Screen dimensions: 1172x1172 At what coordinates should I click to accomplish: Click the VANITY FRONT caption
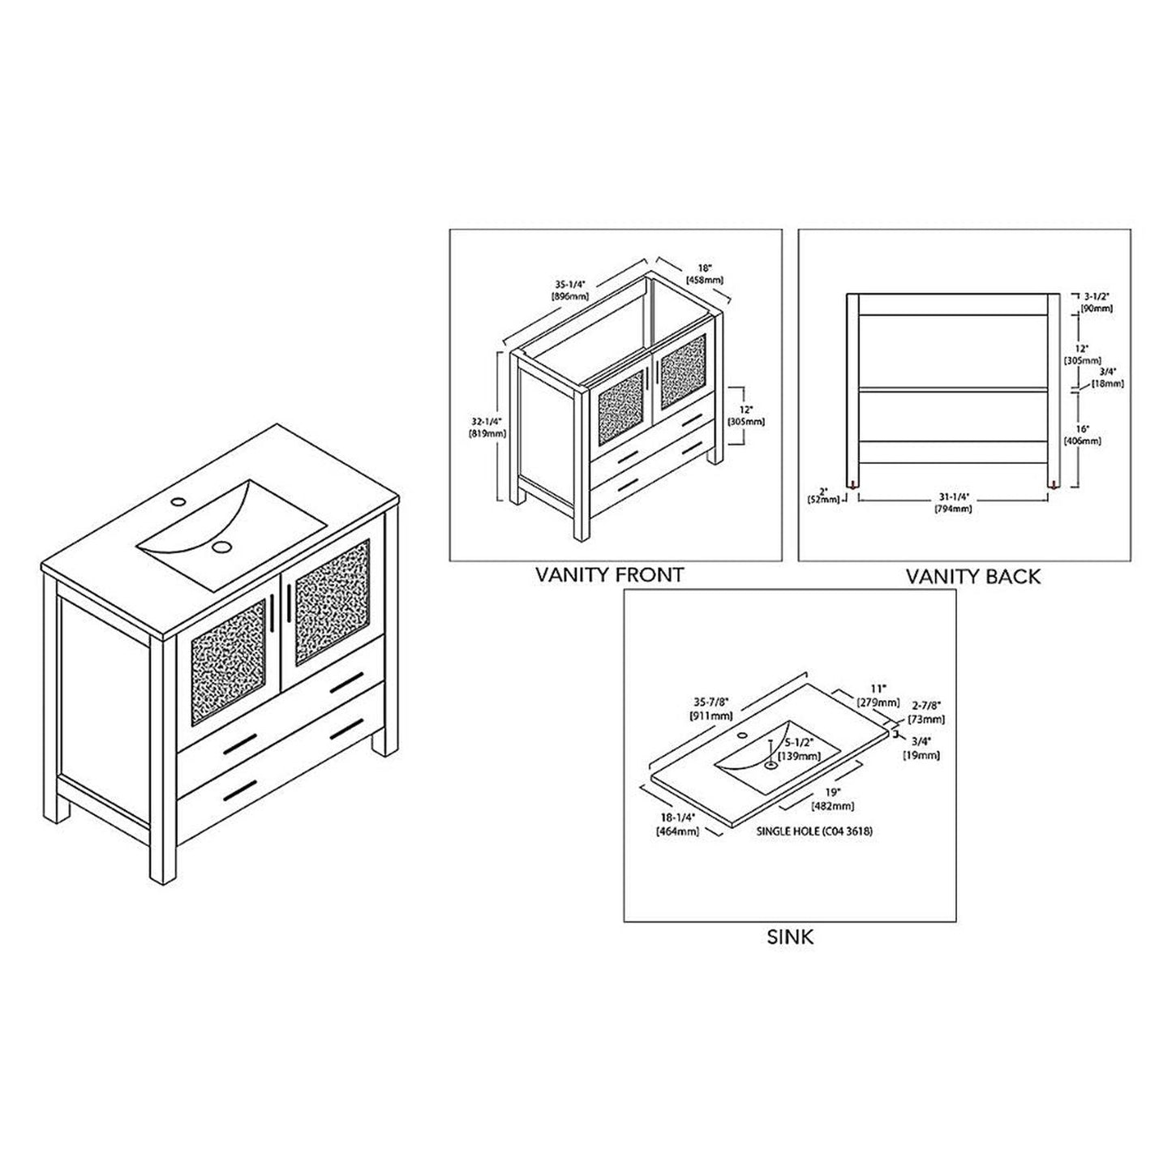tap(609, 575)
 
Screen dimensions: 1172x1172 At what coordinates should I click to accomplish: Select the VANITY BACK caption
tap(972, 577)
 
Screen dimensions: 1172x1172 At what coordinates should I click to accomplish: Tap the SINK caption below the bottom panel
tap(789, 937)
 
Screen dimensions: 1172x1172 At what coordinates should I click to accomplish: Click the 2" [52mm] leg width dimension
tap(822, 495)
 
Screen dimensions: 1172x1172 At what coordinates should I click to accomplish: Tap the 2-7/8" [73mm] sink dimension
tap(927, 713)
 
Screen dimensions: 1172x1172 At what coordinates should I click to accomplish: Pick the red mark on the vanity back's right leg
tap(1054, 484)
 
